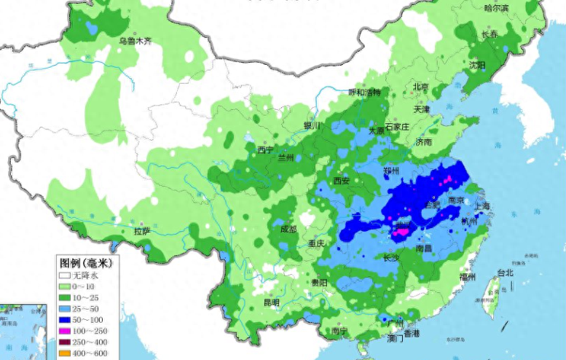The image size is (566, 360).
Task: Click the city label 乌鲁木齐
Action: [x=135, y=41]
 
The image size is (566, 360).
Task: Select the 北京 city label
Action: [x=421, y=86]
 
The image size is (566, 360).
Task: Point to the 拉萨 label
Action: [x=141, y=231]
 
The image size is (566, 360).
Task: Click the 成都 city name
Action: [x=288, y=229]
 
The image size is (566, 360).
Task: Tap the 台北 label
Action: [x=505, y=273]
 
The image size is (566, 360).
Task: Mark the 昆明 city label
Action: [x=271, y=302]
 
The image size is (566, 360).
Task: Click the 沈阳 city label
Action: [x=477, y=65]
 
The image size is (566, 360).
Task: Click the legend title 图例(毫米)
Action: [x=85, y=262]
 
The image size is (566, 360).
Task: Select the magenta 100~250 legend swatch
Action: [x=65, y=331]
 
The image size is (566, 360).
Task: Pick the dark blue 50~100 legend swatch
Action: [x=65, y=320]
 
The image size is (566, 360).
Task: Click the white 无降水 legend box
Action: [x=65, y=276]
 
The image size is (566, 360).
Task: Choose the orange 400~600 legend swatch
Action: [x=65, y=353]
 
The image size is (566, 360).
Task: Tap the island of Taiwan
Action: [x=493, y=291]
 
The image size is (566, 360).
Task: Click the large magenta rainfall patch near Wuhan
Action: [x=401, y=232]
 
